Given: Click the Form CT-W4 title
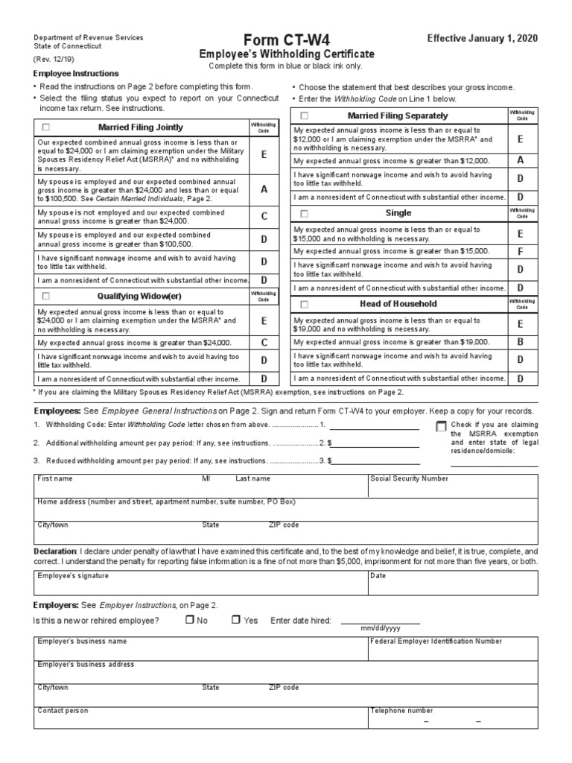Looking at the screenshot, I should tap(286, 40).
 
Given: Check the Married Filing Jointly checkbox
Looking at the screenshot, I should tap(46, 127).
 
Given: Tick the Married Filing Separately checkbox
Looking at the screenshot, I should tap(304, 115).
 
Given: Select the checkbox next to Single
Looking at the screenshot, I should tap(304, 213).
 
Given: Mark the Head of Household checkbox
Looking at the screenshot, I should tap(304, 304).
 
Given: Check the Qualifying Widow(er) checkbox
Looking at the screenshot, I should tap(46, 296).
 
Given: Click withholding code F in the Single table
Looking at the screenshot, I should tap(521, 251).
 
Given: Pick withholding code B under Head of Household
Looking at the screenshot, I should tap(521, 342).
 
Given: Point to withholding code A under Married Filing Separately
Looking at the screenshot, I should tap(521, 160).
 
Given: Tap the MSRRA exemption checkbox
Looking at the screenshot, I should tap(440, 426).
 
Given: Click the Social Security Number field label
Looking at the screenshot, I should tap(409, 479).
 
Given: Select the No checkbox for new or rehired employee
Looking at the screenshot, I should tap(190, 620).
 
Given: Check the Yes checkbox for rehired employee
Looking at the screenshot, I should tap(236, 620).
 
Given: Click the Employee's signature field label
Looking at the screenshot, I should tap(73, 576).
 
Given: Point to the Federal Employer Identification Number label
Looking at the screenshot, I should tap(436, 641).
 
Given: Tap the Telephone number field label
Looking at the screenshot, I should tap(401, 711).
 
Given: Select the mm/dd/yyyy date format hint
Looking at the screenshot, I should tap(381, 629).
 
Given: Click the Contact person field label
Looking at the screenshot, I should tap(63, 711).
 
